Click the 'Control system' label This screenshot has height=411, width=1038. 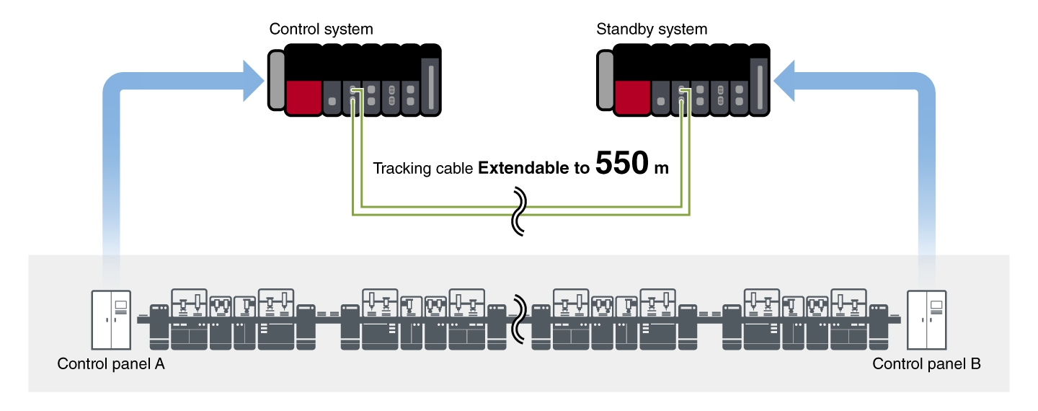[321, 30]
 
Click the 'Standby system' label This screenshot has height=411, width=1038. [652, 30]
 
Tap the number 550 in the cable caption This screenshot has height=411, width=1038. [622, 165]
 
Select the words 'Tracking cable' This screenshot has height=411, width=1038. [423, 169]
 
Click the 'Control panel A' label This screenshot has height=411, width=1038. [111, 364]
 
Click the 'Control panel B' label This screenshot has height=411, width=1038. [926, 364]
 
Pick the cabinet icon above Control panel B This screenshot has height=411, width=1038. [926, 320]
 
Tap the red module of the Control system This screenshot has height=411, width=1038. [303, 97]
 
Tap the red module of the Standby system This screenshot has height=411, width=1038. [632, 97]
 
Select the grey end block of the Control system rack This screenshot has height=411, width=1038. [276, 79]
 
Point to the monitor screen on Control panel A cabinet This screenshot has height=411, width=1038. [120, 305]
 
